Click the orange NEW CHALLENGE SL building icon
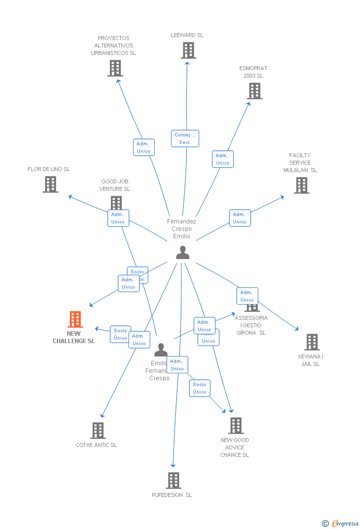click(x=75, y=319)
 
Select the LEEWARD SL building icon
click(x=188, y=50)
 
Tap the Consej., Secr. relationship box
click(x=185, y=138)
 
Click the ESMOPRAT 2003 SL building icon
click(x=254, y=91)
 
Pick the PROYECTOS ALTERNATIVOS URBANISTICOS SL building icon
click(x=115, y=68)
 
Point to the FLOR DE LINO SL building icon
click(x=50, y=184)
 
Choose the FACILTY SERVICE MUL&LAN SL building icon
click(x=301, y=185)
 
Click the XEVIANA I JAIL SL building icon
click(x=312, y=342)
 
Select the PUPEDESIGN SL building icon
click(x=173, y=480)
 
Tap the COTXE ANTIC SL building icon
click(x=98, y=431)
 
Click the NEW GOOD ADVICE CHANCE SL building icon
click(x=235, y=426)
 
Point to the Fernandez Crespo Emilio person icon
click(x=182, y=253)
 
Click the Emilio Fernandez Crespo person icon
click(x=161, y=350)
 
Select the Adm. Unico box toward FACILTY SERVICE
click(x=240, y=218)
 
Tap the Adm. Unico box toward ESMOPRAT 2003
click(x=223, y=159)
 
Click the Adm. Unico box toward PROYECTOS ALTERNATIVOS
click(x=143, y=147)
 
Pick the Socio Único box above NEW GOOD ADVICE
click(x=200, y=388)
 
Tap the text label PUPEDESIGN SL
click(x=172, y=495)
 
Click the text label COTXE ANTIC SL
click(x=96, y=445)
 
